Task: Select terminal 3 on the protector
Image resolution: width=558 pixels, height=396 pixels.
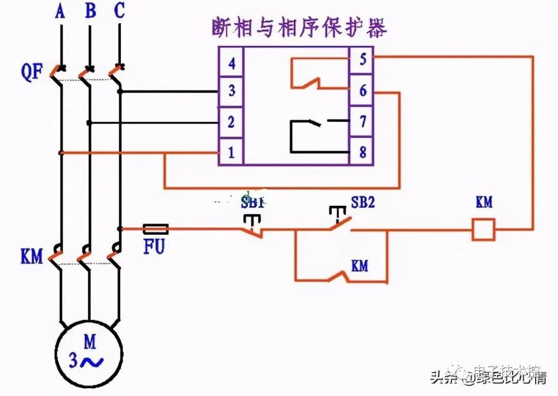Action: pos(231,92)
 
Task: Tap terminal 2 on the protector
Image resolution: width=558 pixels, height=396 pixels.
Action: pos(231,123)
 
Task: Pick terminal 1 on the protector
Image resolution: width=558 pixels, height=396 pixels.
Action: pos(231,153)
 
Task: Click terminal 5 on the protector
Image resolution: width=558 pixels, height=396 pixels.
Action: pos(363,59)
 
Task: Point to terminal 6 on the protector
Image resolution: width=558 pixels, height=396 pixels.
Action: pos(363,91)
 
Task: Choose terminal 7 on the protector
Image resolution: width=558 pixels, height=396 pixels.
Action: pos(363,122)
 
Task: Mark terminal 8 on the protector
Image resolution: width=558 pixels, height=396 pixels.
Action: pos(363,153)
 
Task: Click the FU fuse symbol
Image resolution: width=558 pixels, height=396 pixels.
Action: pos(155,229)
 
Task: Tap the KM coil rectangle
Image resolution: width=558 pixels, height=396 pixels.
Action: pos(484,229)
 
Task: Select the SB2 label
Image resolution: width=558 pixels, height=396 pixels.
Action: pos(363,202)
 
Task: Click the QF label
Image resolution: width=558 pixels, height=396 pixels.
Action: pos(32,72)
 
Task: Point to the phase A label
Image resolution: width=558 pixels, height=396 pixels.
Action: pos(60,11)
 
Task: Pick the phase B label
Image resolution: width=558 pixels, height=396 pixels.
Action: pos(90,11)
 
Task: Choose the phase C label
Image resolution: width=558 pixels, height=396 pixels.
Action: pos(119,11)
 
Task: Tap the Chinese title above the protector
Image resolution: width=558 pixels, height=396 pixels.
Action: pos(299,27)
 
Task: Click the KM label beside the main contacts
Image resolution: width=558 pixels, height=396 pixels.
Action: pos(32,256)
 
